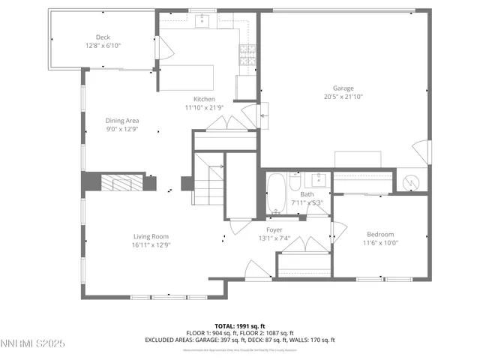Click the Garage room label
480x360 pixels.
[x=343, y=88]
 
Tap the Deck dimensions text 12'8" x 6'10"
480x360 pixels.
[x=103, y=46]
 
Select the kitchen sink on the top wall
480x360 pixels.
[x=203, y=21]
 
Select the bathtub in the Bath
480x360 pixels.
[x=276, y=193]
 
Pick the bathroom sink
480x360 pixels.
[x=319, y=179]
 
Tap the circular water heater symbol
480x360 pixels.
[x=410, y=182]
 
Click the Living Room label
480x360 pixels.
[x=151, y=236]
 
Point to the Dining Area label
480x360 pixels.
[x=121, y=120]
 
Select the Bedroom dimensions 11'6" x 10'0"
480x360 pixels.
[x=381, y=242]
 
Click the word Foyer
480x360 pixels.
[x=274, y=229]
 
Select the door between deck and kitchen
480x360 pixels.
[x=158, y=49]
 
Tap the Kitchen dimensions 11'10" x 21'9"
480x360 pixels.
[x=204, y=108]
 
